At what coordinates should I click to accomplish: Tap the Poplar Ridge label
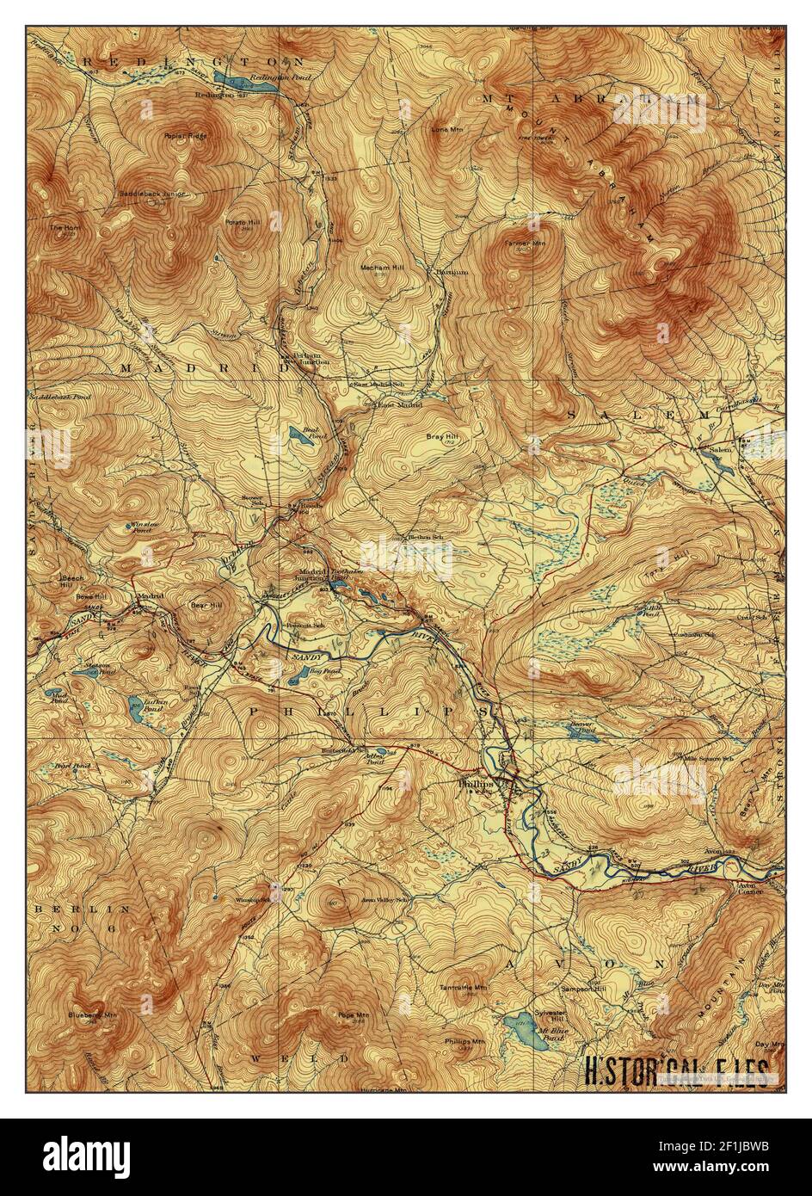click(185, 136)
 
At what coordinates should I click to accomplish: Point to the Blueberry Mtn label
click(94, 1015)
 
